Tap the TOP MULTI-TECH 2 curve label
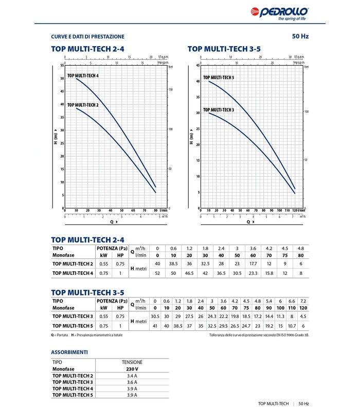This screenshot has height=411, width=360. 82,105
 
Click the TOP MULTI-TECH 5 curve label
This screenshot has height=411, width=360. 219,78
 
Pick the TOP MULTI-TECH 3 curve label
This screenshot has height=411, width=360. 219,110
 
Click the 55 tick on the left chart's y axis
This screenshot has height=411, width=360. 62,66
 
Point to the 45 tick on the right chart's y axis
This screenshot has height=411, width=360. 197,66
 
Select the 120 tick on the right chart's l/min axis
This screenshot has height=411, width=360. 295,210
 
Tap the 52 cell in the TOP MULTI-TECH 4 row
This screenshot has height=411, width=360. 157,273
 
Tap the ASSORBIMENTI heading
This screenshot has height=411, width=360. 69,352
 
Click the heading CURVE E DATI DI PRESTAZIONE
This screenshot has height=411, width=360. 87,36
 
